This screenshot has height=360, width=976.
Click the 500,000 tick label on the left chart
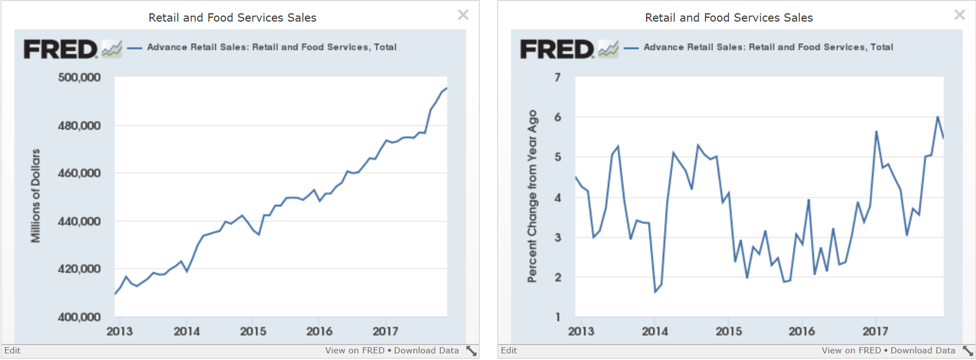(x=79, y=78)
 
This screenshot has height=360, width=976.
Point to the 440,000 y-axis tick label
(x=79, y=222)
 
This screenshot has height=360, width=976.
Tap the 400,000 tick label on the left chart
(x=79, y=317)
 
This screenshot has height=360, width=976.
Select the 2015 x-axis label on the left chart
(x=253, y=331)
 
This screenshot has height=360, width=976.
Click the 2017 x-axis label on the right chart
(x=875, y=331)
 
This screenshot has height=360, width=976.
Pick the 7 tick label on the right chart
(x=557, y=78)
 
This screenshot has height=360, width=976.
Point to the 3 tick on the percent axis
(x=557, y=238)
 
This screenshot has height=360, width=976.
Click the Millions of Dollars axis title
(x=35, y=196)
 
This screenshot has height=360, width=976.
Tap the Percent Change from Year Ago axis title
(x=532, y=196)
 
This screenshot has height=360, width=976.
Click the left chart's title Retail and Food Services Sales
(x=233, y=18)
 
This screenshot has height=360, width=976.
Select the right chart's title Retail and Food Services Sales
(x=729, y=18)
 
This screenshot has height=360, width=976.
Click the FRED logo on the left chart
(x=61, y=49)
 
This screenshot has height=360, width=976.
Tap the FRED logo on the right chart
(x=557, y=49)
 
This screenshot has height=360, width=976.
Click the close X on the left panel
(x=463, y=15)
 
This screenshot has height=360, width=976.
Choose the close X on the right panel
(x=960, y=15)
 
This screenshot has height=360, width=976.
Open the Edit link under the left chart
(x=12, y=351)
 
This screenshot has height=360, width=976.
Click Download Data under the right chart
(x=923, y=351)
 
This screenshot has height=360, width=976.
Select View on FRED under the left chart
(x=355, y=351)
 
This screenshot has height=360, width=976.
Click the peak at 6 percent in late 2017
(x=938, y=117)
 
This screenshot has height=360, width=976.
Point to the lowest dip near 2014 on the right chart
(x=655, y=291)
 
